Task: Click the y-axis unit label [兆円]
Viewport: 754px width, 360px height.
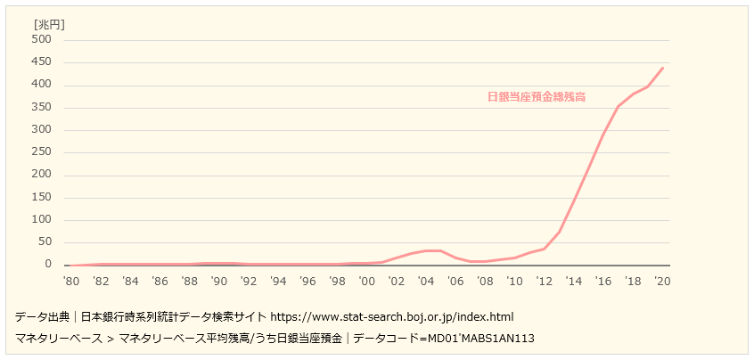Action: [x=49, y=24]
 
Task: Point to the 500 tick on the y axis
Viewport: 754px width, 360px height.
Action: [x=42, y=40]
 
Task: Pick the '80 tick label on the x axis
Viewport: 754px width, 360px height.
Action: [x=71, y=281]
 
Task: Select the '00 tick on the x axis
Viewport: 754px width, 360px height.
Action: [x=366, y=281]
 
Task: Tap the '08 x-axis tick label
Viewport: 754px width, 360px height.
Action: [x=484, y=281]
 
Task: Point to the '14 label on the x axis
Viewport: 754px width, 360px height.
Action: [x=573, y=281]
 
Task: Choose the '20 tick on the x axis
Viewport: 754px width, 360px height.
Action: [x=661, y=281]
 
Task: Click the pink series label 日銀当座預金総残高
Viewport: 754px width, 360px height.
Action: [x=537, y=97]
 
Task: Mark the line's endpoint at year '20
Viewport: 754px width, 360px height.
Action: [x=662, y=68]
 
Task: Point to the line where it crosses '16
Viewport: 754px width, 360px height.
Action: [x=603, y=135]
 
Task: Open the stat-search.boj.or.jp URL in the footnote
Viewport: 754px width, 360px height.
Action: [x=391, y=316]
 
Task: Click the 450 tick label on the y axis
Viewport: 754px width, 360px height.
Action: [x=42, y=62]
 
